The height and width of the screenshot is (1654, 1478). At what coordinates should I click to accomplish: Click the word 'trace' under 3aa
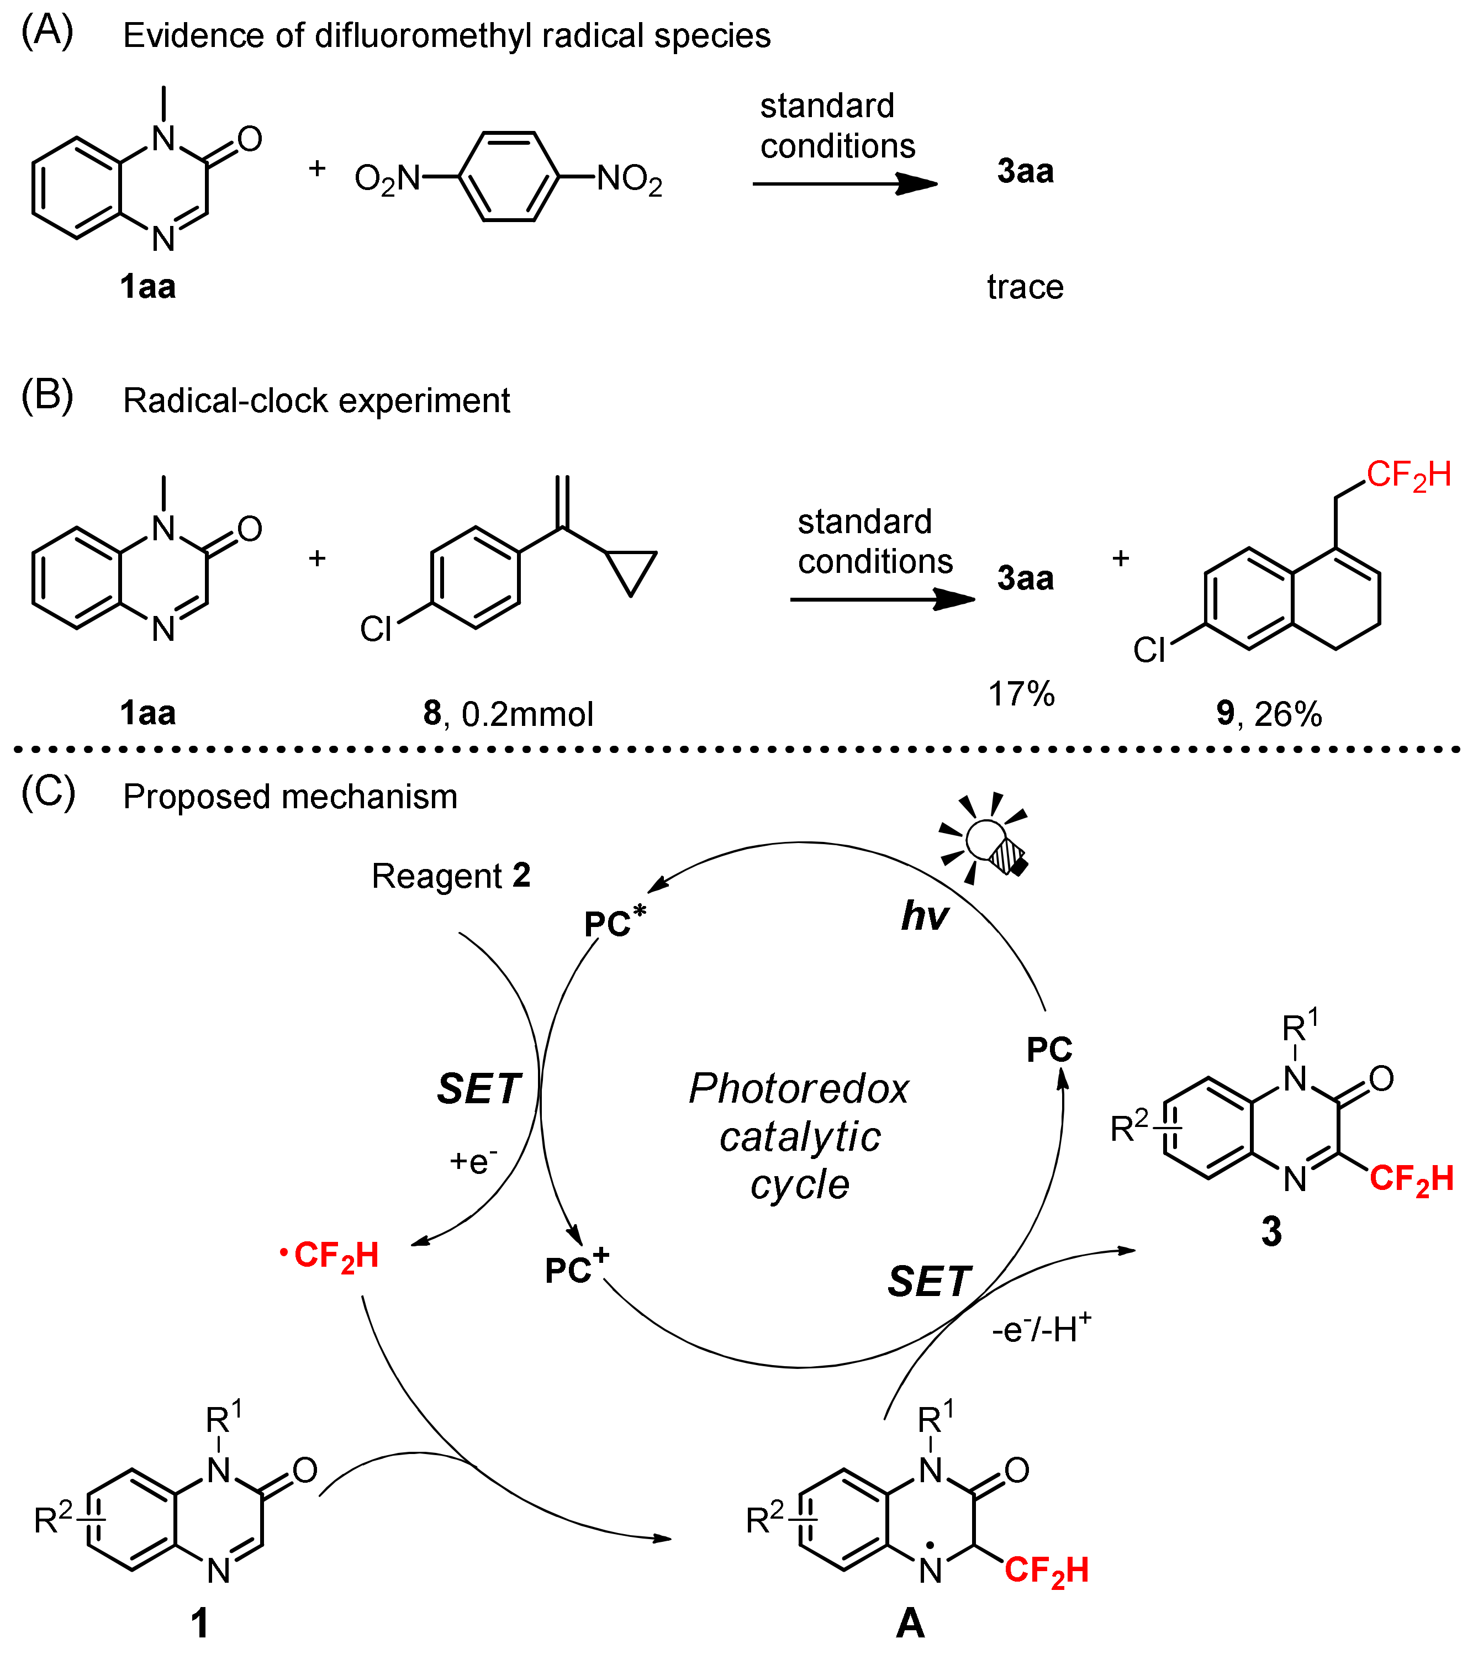(1025, 287)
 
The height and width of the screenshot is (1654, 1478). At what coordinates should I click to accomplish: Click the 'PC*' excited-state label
(615, 922)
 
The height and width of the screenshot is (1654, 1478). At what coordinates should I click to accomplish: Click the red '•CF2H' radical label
(330, 1255)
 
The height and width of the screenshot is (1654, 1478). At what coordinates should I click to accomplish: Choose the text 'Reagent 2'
(451, 876)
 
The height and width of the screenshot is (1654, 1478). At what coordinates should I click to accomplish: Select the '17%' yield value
(1021, 694)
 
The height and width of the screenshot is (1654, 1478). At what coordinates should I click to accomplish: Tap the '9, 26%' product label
(1269, 713)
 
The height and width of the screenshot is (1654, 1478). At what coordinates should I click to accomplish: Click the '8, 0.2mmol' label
(508, 713)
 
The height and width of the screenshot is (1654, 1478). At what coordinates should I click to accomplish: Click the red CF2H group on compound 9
(1408, 475)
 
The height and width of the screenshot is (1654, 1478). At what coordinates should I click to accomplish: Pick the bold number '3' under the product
(1271, 1231)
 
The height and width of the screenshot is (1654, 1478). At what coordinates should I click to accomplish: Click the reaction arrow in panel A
(844, 183)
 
